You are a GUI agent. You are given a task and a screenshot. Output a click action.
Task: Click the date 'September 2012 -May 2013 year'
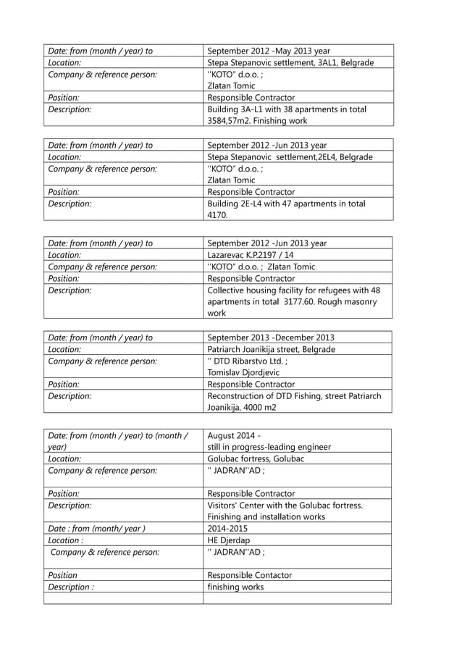(269, 51)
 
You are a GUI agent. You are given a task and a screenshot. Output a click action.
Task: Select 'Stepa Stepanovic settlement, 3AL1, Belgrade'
(290, 63)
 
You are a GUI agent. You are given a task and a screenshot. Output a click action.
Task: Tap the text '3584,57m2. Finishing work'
(257, 121)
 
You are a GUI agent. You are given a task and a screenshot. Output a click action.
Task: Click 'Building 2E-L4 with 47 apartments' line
(285, 204)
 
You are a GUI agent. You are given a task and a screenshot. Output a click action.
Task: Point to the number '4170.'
(218, 215)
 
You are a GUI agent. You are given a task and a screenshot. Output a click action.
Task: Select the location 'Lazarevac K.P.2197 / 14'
(251, 255)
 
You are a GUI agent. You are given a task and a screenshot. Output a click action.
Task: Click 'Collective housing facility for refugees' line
(294, 290)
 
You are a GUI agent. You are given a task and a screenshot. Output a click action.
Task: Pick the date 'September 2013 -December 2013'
(271, 338)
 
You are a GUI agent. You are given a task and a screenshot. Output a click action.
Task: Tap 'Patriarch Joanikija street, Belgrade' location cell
(272, 349)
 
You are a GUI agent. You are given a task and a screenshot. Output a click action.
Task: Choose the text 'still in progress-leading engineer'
(269, 447)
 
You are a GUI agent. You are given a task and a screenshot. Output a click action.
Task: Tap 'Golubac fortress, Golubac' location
(256, 458)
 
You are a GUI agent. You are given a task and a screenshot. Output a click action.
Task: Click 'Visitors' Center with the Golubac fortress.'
(285, 505)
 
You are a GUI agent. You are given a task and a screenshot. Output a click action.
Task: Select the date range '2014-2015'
(227, 529)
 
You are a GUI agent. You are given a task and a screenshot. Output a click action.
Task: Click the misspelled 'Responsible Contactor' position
(250, 575)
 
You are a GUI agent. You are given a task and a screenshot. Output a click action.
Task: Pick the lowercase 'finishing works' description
(235, 587)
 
